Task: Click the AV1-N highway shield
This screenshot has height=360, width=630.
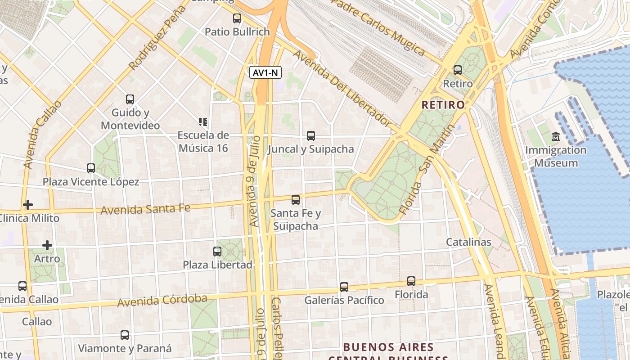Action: (265, 72)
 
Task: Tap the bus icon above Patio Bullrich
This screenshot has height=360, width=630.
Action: (237, 18)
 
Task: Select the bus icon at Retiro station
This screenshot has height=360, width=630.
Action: (458, 70)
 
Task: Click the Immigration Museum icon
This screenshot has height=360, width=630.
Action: (556, 136)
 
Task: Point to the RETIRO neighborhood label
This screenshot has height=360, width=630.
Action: (443, 105)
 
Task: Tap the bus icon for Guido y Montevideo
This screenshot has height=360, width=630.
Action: (130, 99)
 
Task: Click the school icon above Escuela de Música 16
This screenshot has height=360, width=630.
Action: (203, 121)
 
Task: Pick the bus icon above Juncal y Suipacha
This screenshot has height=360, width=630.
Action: (310, 135)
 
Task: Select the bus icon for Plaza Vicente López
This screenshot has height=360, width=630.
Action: (91, 168)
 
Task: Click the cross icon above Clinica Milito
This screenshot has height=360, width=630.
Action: (28, 205)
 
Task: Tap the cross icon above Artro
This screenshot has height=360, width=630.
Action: (47, 245)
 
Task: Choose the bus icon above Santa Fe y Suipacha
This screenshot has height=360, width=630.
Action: (296, 199)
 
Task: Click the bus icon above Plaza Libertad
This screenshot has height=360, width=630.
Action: (217, 251)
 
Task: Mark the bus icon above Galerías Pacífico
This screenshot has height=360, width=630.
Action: (344, 287)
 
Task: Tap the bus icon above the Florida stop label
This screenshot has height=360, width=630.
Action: (411, 281)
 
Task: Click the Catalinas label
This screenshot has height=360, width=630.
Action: (468, 242)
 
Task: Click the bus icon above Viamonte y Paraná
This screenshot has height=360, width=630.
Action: (125, 335)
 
